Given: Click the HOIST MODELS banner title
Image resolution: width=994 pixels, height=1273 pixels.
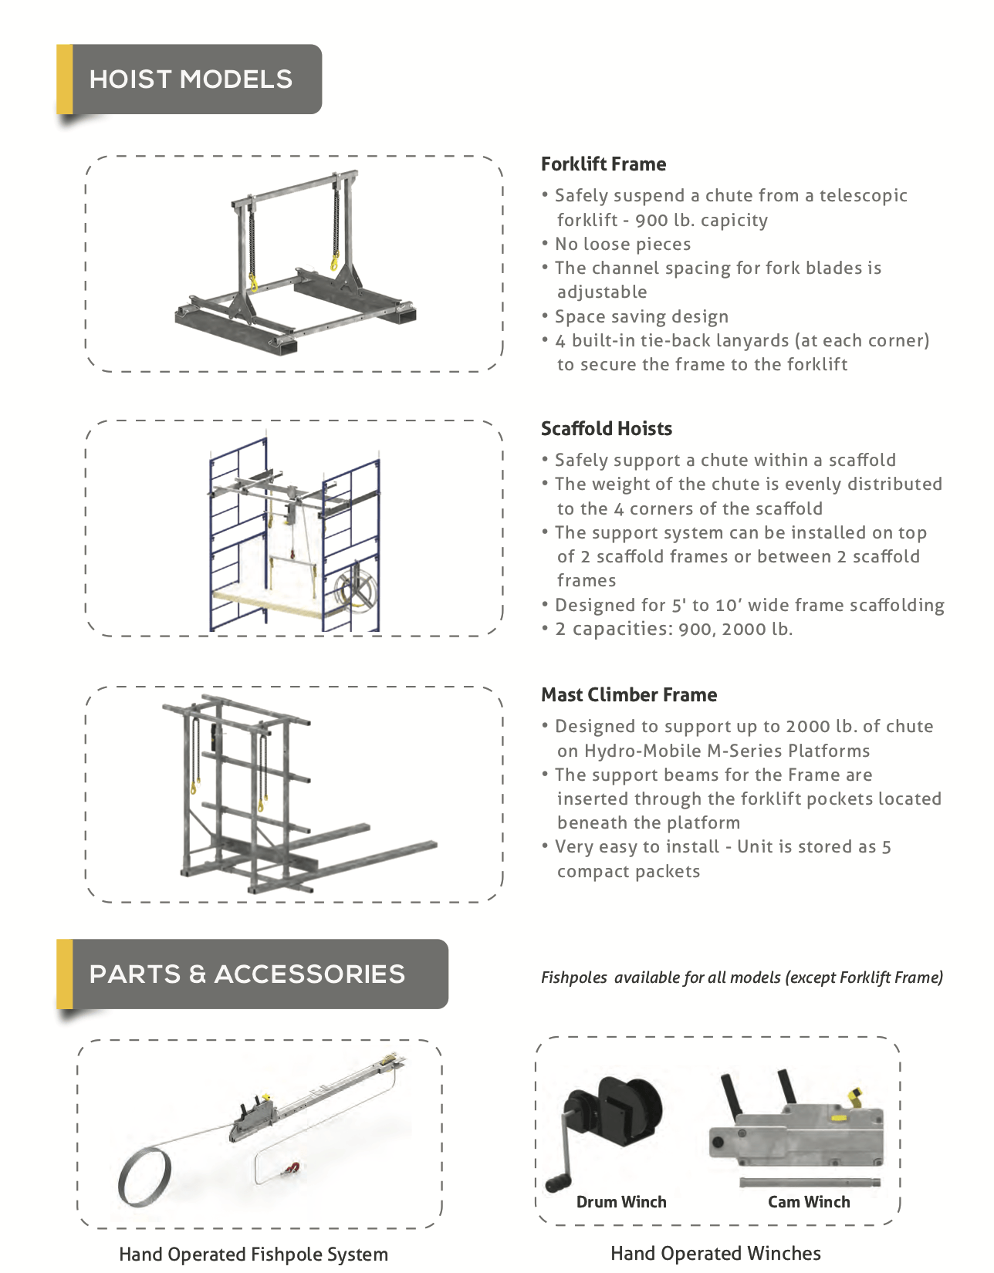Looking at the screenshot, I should tap(191, 79).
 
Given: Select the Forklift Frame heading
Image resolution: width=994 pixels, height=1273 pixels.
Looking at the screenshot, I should tap(603, 164).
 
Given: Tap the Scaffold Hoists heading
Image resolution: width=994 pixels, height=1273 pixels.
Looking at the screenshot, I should tap(607, 429).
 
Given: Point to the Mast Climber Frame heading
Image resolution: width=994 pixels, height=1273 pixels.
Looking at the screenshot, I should tap(629, 695).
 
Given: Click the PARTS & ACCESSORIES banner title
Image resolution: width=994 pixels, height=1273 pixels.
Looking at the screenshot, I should tap(247, 974).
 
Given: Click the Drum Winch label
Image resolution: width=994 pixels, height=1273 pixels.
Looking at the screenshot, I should tap(621, 1202).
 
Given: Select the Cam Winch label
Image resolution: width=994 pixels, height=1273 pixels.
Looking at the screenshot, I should tap(809, 1202).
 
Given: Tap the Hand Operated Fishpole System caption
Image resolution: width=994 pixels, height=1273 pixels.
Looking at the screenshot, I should tap(253, 1254).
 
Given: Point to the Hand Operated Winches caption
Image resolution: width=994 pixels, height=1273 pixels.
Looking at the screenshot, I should tap(715, 1254).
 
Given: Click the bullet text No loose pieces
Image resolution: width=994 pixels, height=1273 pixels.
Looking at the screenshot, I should tap(623, 245).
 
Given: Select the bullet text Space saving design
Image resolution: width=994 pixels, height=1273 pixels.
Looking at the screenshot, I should tap(641, 317).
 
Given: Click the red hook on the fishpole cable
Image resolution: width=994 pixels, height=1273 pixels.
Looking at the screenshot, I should tap(292, 1168).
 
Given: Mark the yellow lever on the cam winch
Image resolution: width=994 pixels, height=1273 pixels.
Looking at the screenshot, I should tap(855, 1095).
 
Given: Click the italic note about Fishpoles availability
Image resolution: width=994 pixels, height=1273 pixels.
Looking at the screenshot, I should tap(742, 978).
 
